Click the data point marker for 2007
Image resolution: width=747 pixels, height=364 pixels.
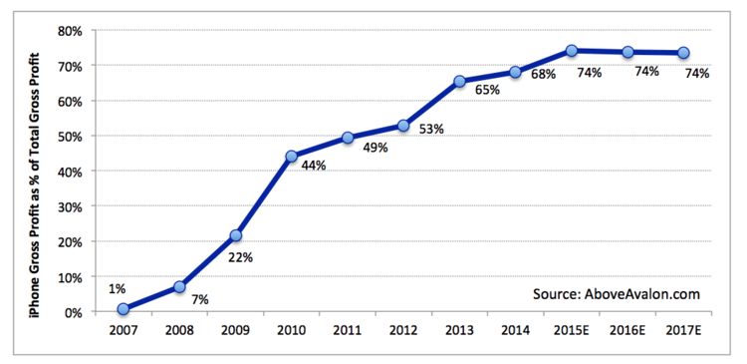[x=123, y=309]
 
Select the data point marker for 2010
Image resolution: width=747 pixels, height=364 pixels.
[x=291, y=157]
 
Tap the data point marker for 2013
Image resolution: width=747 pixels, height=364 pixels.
[x=459, y=82]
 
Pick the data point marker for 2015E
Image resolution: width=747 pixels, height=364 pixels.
[x=572, y=50]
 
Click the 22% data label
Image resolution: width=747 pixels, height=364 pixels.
[x=241, y=256]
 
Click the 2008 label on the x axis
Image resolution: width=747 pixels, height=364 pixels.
[x=178, y=329]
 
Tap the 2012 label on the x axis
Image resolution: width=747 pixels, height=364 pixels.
[x=403, y=329]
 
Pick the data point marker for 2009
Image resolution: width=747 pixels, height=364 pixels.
[x=235, y=236]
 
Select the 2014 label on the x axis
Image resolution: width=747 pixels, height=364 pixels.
[x=515, y=329]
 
